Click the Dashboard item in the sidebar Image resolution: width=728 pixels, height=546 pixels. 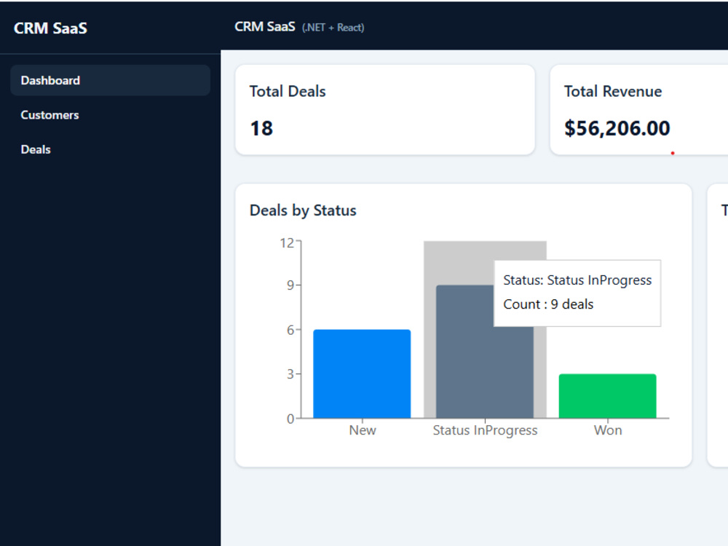tap(110, 80)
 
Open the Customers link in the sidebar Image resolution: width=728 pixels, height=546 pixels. tap(50, 115)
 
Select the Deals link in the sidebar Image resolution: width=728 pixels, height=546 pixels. tap(36, 149)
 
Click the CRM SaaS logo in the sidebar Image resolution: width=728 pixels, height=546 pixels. tap(51, 28)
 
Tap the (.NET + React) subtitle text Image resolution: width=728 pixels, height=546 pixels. tap(333, 28)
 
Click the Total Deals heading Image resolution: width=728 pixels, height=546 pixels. tap(288, 92)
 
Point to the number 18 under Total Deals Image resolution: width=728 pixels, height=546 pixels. tap(261, 129)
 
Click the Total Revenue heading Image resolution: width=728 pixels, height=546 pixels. tap(613, 92)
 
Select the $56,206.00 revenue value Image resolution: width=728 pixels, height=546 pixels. tap(617, 129)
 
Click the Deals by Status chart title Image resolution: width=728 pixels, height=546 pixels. tap(303, 211)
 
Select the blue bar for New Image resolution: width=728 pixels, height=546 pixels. tap(362, 373)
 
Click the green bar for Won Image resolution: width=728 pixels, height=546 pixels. tap(607, 396)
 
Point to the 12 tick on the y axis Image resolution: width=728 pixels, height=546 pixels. tap(287, 243)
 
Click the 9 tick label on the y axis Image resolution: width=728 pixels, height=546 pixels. tap(290, 285)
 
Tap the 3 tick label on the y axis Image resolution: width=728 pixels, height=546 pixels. tap(290, 373)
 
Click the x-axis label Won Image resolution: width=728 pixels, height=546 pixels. tap(608, 430)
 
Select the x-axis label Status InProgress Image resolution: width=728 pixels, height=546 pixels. tap(485, 431)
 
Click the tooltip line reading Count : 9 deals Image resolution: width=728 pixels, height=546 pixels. tap(548, 304)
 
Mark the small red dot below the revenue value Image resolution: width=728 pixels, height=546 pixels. tap(672, 153)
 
